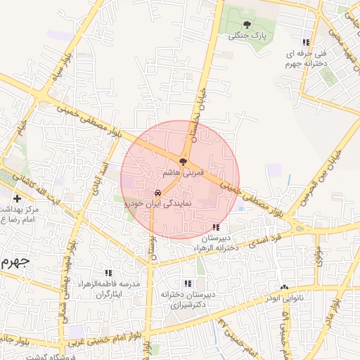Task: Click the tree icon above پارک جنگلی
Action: (246, 25)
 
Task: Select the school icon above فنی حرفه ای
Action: (305, 41)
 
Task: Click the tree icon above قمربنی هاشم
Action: (183, 162)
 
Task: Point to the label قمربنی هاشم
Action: (182, 172)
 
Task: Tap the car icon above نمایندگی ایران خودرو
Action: (157, 192)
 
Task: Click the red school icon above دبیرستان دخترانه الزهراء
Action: (215, 227)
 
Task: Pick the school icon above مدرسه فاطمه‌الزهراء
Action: (108, 272)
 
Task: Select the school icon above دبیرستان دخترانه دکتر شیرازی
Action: (187, 283)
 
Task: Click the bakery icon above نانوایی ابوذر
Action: (284, 288)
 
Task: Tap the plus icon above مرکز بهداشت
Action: (17, 199)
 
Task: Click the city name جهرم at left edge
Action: (14, 262)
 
